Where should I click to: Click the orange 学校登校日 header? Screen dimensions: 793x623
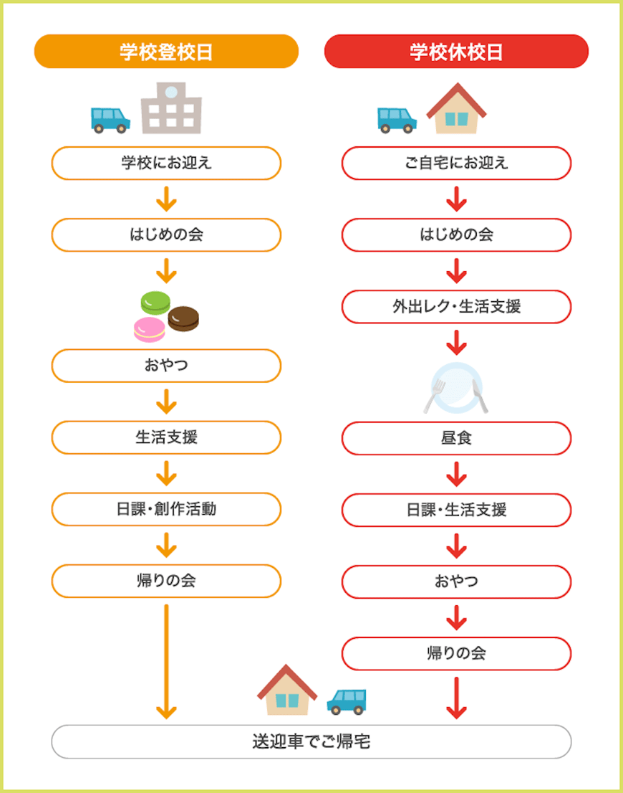[x=166, y=52]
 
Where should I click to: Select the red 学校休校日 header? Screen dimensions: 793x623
[x=456, y=52]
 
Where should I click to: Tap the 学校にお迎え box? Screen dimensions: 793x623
[x=166, y=163]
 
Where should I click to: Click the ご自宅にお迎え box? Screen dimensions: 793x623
[x=456, y=163]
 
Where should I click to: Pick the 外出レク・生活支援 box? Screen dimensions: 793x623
[x=456, y=307]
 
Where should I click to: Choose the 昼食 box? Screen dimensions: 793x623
[x=456, y=438]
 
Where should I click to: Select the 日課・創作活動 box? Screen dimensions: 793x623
[x=166, y=510]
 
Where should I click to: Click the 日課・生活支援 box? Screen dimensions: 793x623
[x=456, y=510]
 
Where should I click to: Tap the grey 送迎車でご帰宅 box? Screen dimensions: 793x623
[x=311, y=741]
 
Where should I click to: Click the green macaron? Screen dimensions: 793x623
[x=155, y=302]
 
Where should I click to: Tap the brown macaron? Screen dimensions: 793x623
[x=183, y=318]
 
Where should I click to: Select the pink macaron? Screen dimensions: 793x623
[x=149, y=329]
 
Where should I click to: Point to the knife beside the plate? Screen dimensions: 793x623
[x=480, y=396]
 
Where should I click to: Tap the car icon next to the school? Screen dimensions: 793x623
[x=110, y=119]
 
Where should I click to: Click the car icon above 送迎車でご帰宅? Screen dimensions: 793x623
[x=347, y=701]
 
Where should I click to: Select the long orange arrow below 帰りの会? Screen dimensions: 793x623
[x=166, y=660]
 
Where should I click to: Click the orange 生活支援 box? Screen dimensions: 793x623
[x=166, y=438]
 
